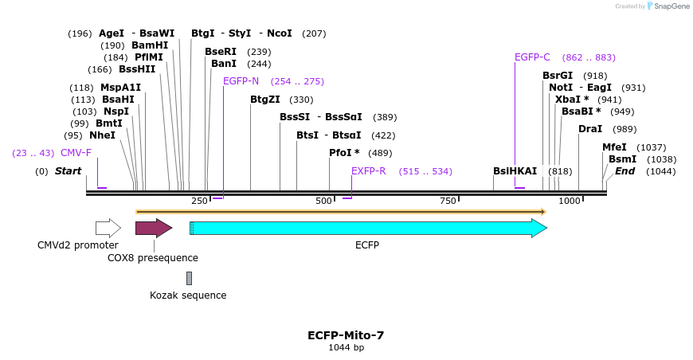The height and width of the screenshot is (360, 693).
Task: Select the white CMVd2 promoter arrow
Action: (x=108, y=229)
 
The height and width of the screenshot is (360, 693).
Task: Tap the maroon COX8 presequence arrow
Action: (x=153, y=229)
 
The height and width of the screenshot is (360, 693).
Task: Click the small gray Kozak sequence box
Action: (x=189, y=278)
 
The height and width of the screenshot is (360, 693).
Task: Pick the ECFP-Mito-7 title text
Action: (x=346, y=335)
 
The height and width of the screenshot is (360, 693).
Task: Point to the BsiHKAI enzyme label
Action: (x=515, y=171)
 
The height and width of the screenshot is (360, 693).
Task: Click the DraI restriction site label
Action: (x=590, y=129)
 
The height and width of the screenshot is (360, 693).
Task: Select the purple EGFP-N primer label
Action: (x=241, y=81)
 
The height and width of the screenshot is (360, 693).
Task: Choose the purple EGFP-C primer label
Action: (x=532, y=57)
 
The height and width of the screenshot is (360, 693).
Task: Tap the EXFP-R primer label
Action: (x=368, y=171)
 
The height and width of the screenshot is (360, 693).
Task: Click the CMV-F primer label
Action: (x=76, y=153)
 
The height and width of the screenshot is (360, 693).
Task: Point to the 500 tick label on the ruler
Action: (x=323, y=201)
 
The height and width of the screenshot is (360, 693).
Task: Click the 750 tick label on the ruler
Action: (x=447, y=201)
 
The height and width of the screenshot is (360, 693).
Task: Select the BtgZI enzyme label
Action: (x=265, y=100)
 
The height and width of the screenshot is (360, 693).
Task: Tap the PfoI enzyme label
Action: (x=344, y=153)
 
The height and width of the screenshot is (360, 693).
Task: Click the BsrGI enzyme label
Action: (x=558, y=76)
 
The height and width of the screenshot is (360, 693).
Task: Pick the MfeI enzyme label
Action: (x=614, y=147)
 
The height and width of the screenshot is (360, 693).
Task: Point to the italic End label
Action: (x=625, y=171)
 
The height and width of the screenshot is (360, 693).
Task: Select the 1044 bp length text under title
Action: (x=346, y=347)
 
